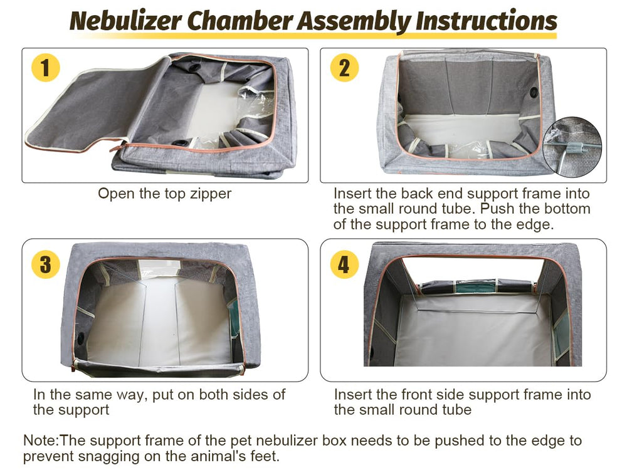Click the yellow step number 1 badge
coord(46,67)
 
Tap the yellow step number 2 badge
coord(344,67)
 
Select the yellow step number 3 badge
coord(46,264)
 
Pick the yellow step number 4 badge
coord(344,264)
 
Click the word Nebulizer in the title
coord(125,21)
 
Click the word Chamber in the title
coord(239,21)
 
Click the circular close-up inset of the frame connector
coord(572,147)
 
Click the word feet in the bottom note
coord(264,456)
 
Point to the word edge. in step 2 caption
coord(534,225)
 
